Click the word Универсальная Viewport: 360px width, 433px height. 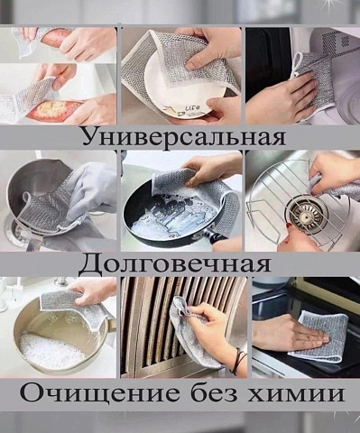tap(184, 138)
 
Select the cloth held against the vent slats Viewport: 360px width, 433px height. tap(197, 334)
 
